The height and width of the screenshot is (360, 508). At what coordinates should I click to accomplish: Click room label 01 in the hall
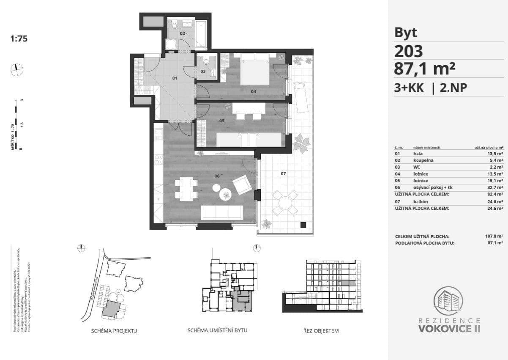[175, 78]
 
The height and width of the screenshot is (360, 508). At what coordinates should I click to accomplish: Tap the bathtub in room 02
[201, 34]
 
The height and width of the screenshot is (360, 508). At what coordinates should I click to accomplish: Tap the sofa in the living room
[221, 212]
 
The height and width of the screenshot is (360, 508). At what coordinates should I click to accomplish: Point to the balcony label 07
[284, 174]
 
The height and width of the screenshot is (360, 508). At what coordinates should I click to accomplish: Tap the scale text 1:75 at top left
[19, 39]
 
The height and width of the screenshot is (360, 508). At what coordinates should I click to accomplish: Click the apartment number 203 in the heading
[408, 51]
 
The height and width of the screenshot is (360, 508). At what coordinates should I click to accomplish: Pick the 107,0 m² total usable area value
[494, 236]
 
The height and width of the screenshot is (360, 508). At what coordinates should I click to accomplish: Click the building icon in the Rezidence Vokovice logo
[449, 301]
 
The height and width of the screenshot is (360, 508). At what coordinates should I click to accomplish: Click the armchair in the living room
[242, 185]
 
